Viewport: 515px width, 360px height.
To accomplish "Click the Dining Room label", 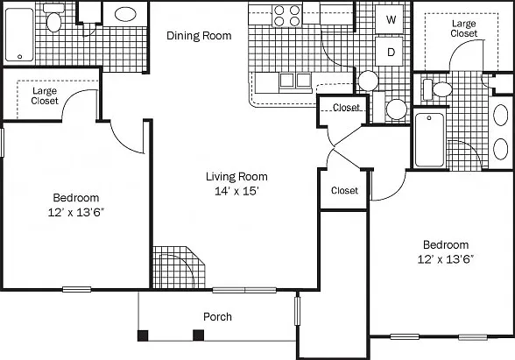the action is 199,35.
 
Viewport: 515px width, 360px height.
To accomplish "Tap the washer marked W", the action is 390,19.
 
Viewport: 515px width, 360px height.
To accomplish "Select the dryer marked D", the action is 390,52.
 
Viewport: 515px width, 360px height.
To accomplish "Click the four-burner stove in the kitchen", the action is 287,16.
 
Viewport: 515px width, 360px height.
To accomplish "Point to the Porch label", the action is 217,317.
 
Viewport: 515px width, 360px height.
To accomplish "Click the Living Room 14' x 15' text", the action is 236,184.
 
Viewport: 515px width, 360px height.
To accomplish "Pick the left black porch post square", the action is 143,335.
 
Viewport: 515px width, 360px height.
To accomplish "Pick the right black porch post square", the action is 198,335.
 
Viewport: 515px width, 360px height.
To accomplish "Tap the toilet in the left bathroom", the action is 53,18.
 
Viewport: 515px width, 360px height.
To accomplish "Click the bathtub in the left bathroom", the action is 19,35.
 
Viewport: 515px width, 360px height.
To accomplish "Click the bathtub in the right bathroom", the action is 429,140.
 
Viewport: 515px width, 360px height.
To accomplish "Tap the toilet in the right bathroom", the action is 438,89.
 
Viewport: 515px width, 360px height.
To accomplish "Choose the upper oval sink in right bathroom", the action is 501,116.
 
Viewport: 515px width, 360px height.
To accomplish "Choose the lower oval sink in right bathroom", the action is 501,149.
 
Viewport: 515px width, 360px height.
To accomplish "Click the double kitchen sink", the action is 295,81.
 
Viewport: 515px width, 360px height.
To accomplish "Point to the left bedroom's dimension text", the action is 76,213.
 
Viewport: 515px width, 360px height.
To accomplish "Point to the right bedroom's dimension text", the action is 445,259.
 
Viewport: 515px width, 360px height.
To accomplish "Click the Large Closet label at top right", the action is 464,29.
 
